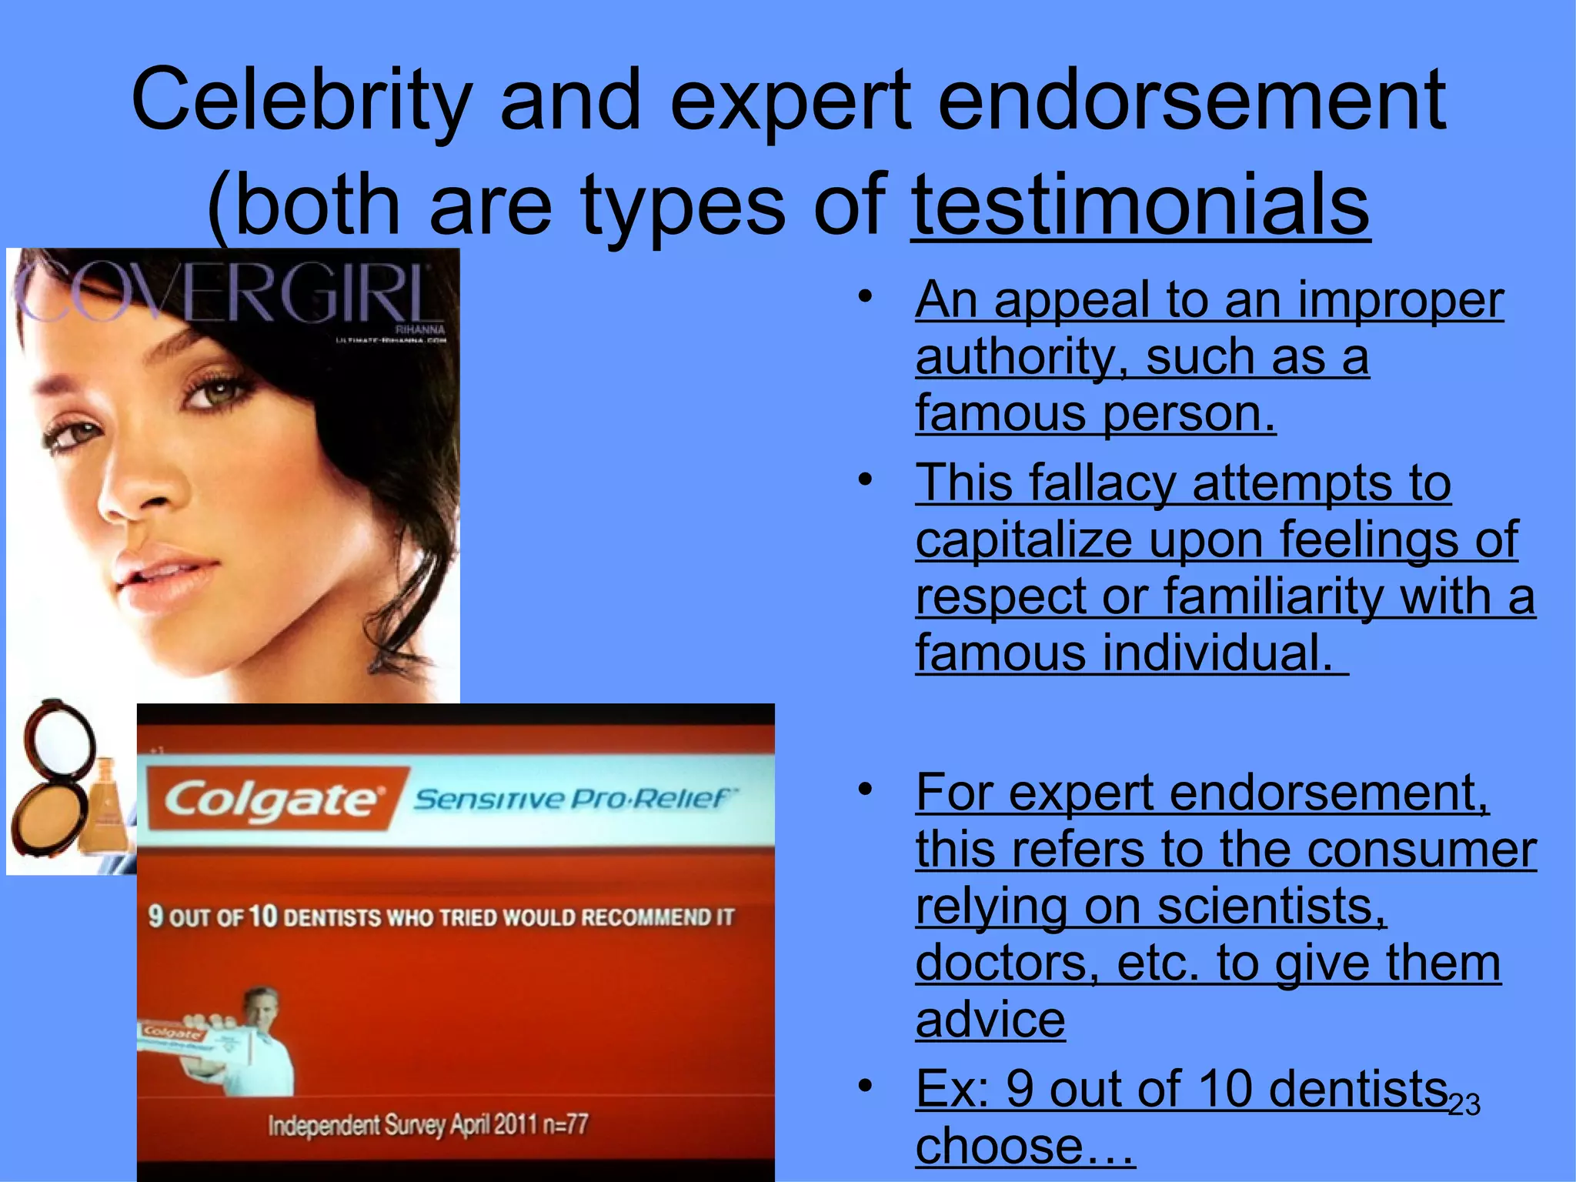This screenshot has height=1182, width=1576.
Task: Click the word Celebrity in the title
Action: click(x=301, y=100)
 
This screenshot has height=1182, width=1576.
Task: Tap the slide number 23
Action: click(x=1464, y=1105)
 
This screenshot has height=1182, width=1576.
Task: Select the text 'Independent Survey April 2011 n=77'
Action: click(x=428, y=1125)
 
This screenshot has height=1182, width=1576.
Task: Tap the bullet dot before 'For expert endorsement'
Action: click(x=866, y=788)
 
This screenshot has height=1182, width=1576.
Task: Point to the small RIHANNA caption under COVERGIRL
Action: click(x=419, y=329)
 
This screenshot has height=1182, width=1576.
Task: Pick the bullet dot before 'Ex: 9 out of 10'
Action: click(x=866, y=1085)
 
